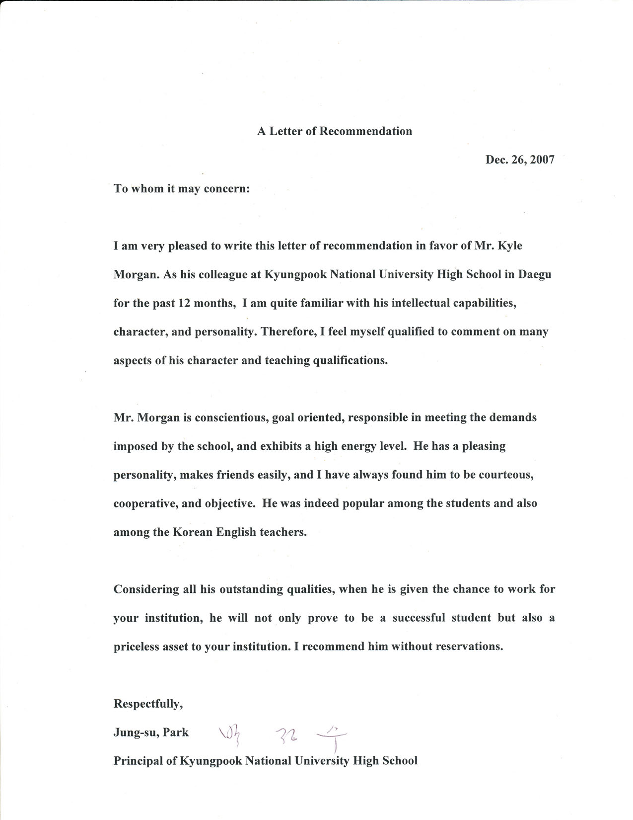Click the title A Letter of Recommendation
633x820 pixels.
[334, 131]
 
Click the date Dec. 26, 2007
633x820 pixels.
[520, 160]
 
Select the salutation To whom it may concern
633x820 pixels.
[181, 189]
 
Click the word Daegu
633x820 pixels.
[535, 274]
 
